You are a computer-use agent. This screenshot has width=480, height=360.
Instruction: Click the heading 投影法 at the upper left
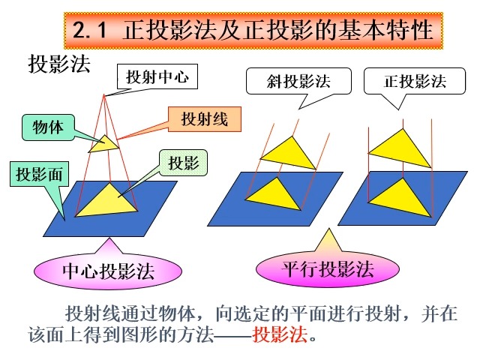pos(59,64)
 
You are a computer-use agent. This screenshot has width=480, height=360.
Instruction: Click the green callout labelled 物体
pos(47,127)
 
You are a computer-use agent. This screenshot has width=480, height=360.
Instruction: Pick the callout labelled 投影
pos(183,162)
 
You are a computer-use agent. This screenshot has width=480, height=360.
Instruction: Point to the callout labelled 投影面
pos(38,176)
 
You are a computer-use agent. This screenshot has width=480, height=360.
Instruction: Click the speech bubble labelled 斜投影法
pos(298,80)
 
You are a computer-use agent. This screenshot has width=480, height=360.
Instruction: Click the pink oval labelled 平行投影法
pos(327,268)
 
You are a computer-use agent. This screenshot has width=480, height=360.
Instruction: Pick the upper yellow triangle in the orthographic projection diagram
pos(399,148)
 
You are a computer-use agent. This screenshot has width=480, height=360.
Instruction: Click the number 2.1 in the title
pos(89,32)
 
